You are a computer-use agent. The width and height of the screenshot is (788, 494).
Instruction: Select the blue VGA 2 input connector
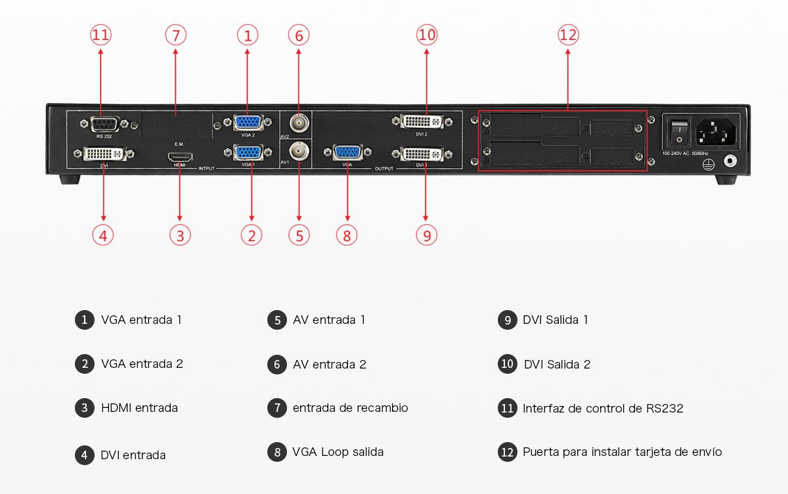pos(248,122)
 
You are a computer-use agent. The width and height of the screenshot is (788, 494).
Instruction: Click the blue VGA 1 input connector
pos(248,152)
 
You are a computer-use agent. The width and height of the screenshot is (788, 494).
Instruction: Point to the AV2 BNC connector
pos(299,123)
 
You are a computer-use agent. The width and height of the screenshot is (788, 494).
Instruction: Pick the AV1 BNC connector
pos(299,150)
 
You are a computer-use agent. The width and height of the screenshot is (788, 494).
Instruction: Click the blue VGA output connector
pos(347,153)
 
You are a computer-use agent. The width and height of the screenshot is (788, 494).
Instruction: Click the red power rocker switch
pos(678,133)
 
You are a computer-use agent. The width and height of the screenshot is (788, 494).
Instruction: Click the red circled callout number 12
pos(568,35)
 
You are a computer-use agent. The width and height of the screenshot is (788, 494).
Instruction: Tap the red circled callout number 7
pos(175,35)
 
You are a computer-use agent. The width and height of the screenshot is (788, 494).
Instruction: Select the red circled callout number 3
pos(180,235)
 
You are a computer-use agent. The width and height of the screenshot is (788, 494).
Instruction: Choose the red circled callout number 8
pos(347,235)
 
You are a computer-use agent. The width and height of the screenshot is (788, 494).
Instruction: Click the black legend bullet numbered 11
pos(508,408)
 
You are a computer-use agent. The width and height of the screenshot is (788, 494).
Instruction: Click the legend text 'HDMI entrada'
pos(139,408)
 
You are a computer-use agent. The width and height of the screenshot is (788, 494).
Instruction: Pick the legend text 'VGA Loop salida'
pos(338,452)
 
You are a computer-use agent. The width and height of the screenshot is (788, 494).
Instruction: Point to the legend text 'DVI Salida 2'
pos(557,364)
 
